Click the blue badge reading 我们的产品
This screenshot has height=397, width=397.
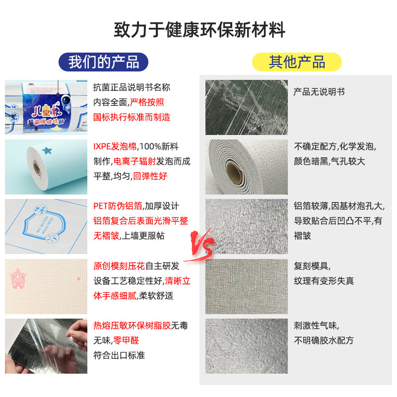(x=103, y=62)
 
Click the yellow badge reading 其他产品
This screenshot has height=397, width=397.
(x=297, y=62)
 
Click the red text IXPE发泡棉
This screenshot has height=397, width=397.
(x=116, y=147)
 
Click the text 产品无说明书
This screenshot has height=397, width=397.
(x=319, y=92)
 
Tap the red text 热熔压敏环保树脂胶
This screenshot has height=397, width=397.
(x=132, y=326)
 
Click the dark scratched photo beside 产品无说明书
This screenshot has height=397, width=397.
(x=246, y=107)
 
